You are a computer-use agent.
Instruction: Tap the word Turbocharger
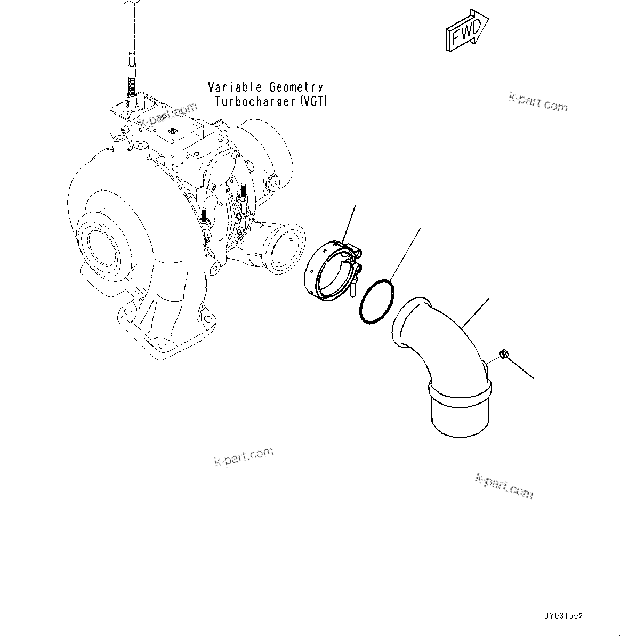(255, 101)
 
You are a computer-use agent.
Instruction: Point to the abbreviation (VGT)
(314, 101)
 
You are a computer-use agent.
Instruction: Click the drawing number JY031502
(563, 616)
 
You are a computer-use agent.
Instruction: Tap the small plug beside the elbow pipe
(502, 354)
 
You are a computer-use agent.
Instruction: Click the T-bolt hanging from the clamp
(353, 288)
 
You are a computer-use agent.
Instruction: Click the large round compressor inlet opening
(99, 246)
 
